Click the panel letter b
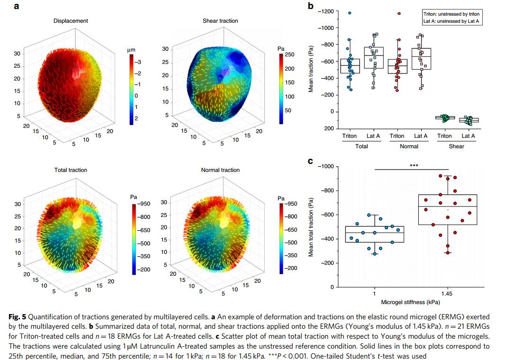311,6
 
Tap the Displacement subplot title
71,21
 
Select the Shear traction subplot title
220,21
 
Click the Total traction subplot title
71,170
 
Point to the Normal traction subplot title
220,170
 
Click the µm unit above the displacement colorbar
131,50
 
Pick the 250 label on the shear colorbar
289,55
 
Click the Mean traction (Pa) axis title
311,69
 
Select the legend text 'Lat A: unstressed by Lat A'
451,22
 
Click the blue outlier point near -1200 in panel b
350,13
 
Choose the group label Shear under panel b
457,146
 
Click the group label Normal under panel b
409,146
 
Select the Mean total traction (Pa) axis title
311,226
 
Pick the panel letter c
311,162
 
